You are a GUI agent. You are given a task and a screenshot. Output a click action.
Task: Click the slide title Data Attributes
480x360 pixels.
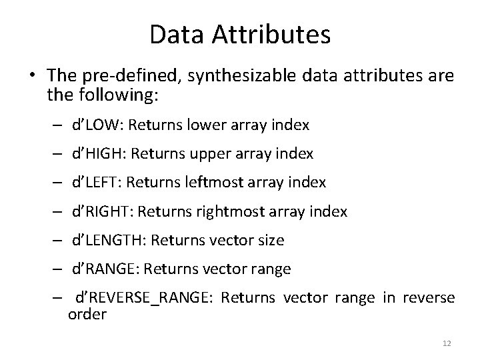tap(240, 35)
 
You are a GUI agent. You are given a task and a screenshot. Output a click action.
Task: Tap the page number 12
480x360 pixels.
tap(447, 343)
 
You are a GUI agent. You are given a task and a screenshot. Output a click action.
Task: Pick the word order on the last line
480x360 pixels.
tap(87, 315)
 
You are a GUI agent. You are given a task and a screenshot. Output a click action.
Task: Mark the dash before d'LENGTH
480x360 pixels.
tap(59, 241)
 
